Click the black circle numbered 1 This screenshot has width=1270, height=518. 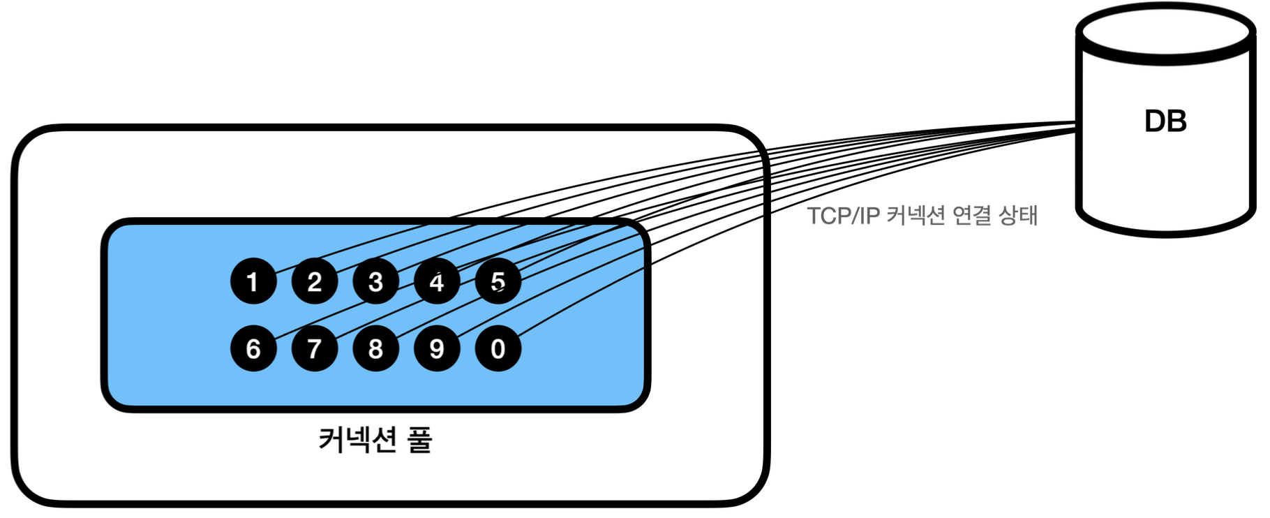pos(253,281)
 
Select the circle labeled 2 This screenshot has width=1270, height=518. pos(315,281)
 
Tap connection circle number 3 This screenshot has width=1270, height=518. pos(375,281)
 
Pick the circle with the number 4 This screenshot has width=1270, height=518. pos(437,281)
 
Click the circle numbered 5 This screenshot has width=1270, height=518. pos(498,281)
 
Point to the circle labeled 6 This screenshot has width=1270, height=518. pos(253,348)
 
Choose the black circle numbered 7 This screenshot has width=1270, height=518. pos(315,348)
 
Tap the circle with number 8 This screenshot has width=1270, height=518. pos(375,348)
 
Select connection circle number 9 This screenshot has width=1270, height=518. pos(437,348)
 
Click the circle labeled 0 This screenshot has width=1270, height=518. pos(498,348)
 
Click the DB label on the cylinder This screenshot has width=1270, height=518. pos(1165,121)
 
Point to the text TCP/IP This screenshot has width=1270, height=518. pos(843,216)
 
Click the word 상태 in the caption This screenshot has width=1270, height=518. pos(1018,215)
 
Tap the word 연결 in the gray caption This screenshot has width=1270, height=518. pos(972,215)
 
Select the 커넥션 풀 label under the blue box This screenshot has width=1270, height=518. pos(375,440)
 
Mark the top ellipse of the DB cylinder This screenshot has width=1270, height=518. pos(1165,32)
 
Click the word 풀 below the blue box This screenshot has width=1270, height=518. pos(420,440)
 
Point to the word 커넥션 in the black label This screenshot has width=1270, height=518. pos(358,440)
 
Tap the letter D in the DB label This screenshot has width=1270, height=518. pos(1155,121)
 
